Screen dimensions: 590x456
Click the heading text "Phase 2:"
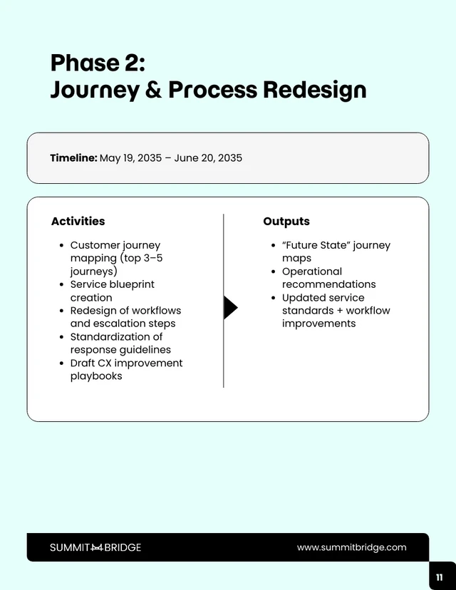pyautogui.click(x=98, y=63)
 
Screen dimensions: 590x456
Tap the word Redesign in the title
pyautogui.click(x=314, y=90)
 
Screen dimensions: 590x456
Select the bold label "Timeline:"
pyautogui.click(x=73, y=158)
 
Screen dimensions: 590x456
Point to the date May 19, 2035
pyautogui.click(x=130, y=158)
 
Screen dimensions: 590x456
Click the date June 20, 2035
pyautogui.click(x=208, y=158)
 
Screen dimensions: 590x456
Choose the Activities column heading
pyautogui.click(x=78, y=222)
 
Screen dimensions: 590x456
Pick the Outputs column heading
pyautogui.click(x=286, y=222)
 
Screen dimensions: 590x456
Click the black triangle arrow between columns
pyautogui.click(x=230, y=308)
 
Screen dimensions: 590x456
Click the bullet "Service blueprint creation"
pyautogui.click(x=112, y=291)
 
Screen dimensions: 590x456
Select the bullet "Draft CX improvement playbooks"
pyautogui.click(x=126, y=369)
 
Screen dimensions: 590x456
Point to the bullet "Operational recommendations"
pyautogui.click(x=328, y=278)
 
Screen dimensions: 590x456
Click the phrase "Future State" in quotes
pyautogui.click(x=314, y=245)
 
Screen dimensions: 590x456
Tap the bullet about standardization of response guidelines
pyautogui.click(x=120, y=343)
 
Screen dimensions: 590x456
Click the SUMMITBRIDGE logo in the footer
pyautogui.click(x=95, y=547)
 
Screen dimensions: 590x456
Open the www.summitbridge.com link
pyautogui.click(x=351, y=547)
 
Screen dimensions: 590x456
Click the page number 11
pyautogui.click(x=440, y=576)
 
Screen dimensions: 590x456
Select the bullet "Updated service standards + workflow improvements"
pyautogui.click(x=336, y=311)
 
